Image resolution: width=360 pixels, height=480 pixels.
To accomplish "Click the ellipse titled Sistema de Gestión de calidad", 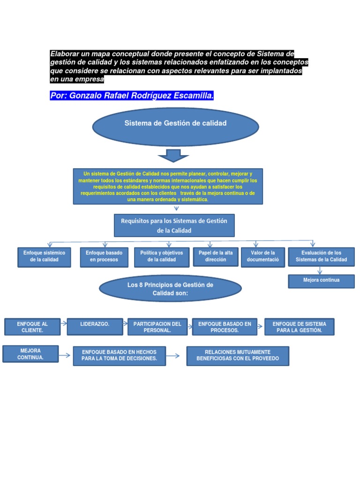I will click(175, 127).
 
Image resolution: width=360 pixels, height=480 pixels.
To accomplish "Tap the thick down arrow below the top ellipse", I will click(173, 155).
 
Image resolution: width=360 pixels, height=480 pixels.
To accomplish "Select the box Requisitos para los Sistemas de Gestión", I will click(174, 225).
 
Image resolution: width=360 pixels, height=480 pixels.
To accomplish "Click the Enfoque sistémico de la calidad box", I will click(44, 257).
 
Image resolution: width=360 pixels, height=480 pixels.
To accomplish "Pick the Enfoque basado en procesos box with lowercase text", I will click(104, 257).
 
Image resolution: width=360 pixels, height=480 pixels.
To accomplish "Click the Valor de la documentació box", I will click(263, 257).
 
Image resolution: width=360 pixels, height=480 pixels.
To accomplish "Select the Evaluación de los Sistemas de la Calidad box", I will click(321, 257).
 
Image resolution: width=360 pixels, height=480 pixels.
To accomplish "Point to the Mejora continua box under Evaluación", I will click(321, 281).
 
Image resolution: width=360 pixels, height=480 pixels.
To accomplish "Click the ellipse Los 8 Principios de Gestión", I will click(170, 289).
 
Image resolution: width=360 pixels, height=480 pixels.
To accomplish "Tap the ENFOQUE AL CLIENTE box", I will click(32, 327).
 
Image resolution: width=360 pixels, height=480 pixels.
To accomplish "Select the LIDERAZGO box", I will click(95, 327).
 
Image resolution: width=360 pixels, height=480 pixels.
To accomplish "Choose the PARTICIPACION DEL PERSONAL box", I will click(157, 327).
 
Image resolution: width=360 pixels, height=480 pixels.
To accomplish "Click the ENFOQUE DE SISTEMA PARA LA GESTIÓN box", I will click(299, 327).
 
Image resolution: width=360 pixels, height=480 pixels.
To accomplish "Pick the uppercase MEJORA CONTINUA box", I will click(30, 354).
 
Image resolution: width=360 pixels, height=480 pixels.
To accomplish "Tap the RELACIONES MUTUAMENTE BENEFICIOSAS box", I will click(238, 356).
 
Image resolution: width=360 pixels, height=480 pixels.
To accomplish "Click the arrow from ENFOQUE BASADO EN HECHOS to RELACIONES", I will click(173, 356).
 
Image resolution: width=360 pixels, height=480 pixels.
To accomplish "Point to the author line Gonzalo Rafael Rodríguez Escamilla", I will click(132, 96).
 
